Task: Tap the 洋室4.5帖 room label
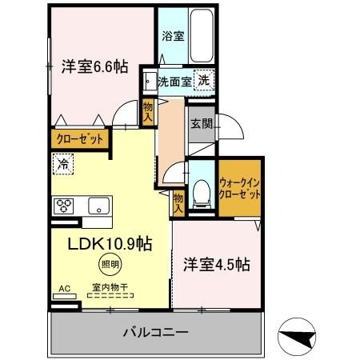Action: point(215,264)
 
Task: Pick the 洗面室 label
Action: point(174,81)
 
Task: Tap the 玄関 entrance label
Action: point(201,124)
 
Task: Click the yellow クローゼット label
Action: point(80,138)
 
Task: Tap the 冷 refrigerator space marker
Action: point(62,164)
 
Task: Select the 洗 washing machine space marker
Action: point(206,80)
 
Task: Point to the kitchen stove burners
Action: point(64,205)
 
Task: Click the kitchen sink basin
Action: point(98,204)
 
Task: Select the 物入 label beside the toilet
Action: point(178,202)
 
